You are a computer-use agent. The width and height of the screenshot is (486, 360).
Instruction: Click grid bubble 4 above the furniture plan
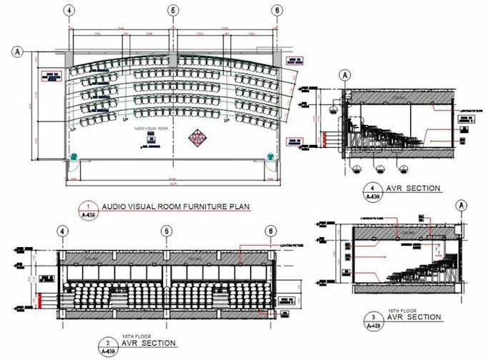click(69, 11)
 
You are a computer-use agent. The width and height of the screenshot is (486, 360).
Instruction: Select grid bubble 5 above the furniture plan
click(172, 11)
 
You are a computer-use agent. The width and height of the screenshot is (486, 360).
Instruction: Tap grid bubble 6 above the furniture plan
click(276, 11)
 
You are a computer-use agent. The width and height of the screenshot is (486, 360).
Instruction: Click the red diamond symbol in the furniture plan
click(197, 138)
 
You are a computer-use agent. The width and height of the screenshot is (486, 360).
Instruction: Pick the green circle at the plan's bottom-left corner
click(72, 156)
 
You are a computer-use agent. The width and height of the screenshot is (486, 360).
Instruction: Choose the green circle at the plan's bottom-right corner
click(269, 156)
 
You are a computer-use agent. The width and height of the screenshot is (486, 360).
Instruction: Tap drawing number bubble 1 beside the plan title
click(88, 209)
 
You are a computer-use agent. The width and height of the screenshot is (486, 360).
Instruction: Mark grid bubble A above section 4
click(344, 74)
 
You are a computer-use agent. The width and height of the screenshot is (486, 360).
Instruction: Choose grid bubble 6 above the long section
click(269, 231)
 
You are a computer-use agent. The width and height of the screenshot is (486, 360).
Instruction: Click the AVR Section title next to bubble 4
click(415, 189)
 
